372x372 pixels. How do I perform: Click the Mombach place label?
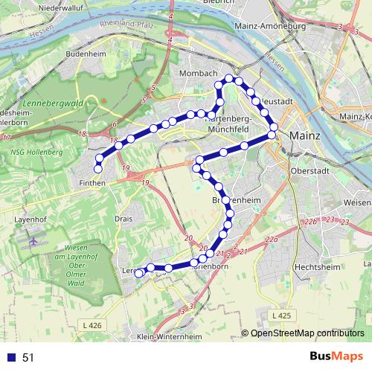pos(199,74)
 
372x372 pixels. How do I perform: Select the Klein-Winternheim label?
pos(170,337)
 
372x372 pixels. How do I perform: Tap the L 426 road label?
pos(92,324)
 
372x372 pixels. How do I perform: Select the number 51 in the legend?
pos(28,357)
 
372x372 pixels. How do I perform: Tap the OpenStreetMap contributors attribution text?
pos(307,333)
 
